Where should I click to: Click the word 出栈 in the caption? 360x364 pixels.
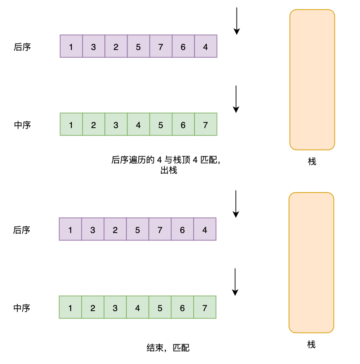(x=168, y=170)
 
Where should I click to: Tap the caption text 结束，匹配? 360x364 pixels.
(x=168, y=348)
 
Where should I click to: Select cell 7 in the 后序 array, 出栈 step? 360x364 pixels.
(x=161, y=47)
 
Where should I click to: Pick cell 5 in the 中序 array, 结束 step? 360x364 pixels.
(x=160, y=308)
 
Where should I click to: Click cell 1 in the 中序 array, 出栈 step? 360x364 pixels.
(x=71, y=124)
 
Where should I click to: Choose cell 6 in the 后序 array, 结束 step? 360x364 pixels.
(x=182, y=230)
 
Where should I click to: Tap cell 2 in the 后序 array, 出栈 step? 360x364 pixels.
(x=116, y=47)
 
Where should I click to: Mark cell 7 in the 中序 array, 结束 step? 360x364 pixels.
(x=205, y=308)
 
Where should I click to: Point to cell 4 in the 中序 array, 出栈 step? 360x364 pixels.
(x=138, y=124)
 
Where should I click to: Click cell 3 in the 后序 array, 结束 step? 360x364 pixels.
(x=92, y=230)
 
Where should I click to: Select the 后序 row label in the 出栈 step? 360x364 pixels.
(x=22, y=47)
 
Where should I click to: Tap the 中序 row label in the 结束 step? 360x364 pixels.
(x=22, y=308)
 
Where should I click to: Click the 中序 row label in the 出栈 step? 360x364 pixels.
(x=22, y=125)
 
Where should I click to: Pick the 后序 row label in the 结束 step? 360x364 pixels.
(x=22, y=230)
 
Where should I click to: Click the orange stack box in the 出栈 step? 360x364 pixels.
(x=312, y=79)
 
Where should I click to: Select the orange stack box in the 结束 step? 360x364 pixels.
(x=311, y=262)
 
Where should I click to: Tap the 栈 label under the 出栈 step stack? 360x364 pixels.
(x=312, y=162)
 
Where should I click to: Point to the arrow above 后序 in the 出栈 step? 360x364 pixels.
(x=237, y=21)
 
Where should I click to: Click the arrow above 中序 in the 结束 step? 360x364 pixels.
(x=235, y=282)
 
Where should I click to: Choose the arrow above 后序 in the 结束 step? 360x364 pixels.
(x=236, y=204)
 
